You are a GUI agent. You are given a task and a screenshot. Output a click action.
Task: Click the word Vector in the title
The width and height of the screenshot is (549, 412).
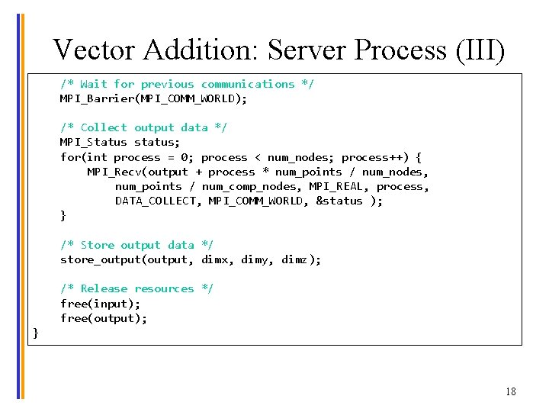(x=95, y=50)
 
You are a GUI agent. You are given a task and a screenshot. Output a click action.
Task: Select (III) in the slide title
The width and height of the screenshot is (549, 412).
(x=479, y=50)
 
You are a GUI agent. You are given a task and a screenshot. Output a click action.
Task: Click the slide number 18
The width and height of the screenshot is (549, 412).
(x=510, y=391)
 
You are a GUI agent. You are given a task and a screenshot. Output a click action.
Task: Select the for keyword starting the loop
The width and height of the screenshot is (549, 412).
(x=70, y=157)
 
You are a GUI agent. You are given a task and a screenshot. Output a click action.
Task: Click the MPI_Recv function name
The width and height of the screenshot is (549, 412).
(x=114, y=172)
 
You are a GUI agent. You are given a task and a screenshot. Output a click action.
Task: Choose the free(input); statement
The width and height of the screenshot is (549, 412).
(x=100, y=304)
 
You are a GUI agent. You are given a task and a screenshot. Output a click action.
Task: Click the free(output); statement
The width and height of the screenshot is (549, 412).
(x=104, y=318)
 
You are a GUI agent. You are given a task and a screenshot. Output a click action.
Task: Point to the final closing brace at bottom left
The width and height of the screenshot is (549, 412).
(x=35, y=333)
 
